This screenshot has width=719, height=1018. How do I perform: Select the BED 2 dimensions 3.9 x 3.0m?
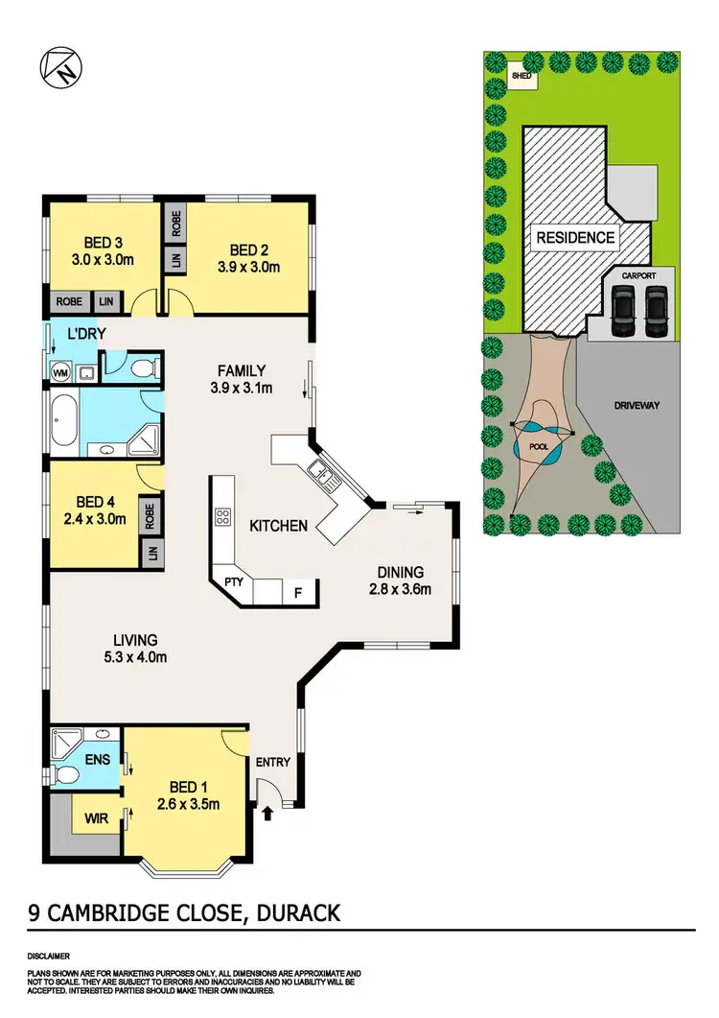[245, 268]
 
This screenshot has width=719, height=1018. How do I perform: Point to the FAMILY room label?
[241, 370]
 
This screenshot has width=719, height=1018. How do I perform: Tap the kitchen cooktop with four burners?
[222, 516]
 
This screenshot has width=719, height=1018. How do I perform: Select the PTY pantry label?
[233, 582]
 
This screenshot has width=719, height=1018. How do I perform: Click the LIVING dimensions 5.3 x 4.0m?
[134, 657]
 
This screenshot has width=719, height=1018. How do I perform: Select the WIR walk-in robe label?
[94, 818]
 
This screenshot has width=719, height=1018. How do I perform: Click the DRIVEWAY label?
[637, 406]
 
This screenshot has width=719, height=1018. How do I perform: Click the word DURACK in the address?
[296, 911]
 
